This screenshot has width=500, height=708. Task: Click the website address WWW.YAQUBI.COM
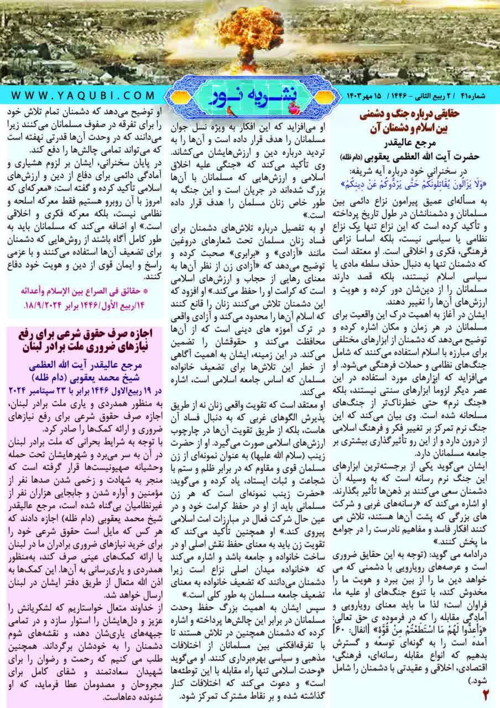(x=82, y=95)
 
